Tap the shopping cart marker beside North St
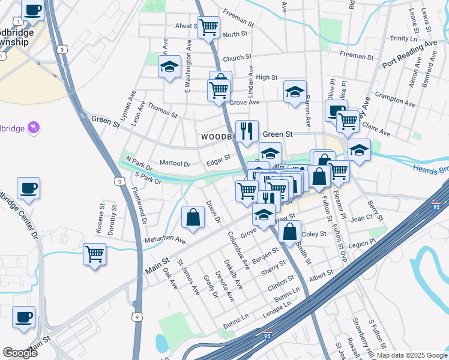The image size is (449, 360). [x=208, y=27]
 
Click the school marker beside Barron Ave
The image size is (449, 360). [x=295, y=92]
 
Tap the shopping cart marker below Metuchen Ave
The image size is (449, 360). [x=95, y=254]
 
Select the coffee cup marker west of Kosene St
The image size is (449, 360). [x=29, y=188]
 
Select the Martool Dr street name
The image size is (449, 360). [x=175, y=163]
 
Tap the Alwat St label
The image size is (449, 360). [x=186, y=26]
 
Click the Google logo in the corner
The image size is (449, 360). [x=20, y=353]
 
